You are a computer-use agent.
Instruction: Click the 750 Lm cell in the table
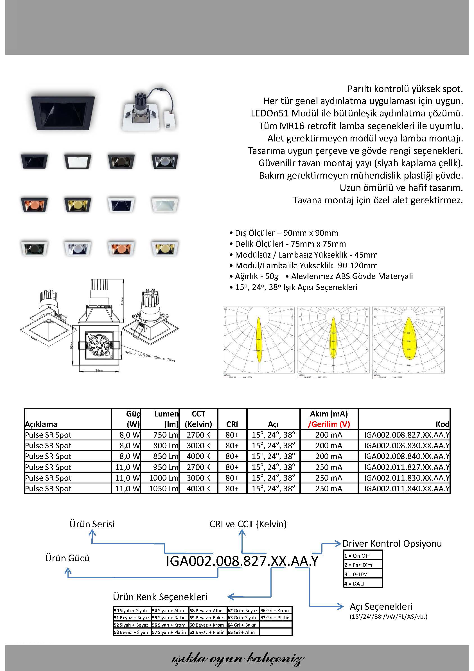(x=165, y=435)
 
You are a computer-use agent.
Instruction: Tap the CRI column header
(x=232, y=424)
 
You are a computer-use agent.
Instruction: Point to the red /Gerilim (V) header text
(x=329, y=424)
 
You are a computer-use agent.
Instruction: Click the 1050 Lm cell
(x=163, y=489)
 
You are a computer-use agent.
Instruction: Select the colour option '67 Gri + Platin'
(x=276, y=618)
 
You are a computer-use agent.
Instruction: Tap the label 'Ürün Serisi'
(x=92, y=524)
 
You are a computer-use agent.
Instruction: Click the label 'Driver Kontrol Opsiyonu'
(x=392, y=544)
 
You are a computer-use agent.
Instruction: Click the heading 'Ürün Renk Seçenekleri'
(x=160, y=597)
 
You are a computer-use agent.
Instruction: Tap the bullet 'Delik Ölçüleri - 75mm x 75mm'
(x=290, y=244)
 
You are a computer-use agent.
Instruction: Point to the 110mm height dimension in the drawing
(x=123, y=300)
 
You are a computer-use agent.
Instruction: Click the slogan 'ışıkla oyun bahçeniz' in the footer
(x=237, y=658)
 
